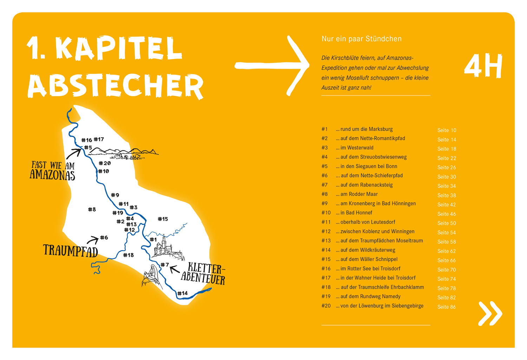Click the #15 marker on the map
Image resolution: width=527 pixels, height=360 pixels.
163,219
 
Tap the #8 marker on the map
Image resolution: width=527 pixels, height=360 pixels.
92,209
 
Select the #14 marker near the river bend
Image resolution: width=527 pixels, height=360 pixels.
182,293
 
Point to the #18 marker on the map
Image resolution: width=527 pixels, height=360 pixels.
128,255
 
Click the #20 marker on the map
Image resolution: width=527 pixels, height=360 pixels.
105,163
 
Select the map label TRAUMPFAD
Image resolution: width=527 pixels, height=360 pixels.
70,251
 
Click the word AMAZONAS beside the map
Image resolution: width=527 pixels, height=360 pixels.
52,175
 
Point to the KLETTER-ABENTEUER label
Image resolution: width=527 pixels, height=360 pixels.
203,274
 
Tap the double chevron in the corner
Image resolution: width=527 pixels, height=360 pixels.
490,313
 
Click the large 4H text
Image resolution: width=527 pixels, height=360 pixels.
483,66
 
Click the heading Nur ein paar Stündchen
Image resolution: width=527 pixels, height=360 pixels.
362,39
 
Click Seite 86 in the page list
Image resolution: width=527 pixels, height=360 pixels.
447,307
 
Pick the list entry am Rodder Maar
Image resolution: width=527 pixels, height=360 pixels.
359,194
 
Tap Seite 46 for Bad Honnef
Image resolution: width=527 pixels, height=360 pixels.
447,214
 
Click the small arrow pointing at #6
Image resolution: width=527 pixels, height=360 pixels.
93,240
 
